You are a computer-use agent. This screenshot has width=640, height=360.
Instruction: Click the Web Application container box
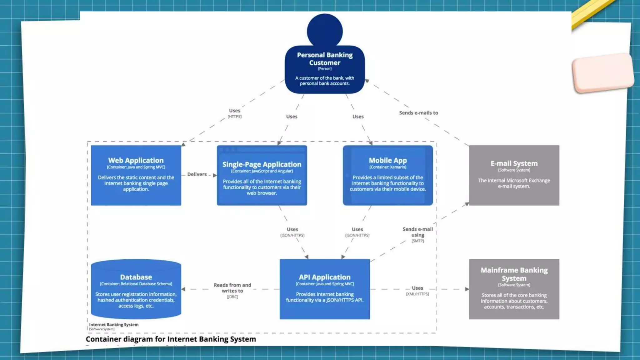click(136, 175)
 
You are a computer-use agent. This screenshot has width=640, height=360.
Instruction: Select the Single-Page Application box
click(262, 176)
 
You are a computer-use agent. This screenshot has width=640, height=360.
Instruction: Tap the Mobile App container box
click(387, 175)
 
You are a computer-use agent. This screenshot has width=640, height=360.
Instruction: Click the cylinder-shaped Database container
click(136, 289)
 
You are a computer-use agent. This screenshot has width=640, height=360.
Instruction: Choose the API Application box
click(325, 289)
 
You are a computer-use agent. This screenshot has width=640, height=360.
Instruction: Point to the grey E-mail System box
click(514, 175)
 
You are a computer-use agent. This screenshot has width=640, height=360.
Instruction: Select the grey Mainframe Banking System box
click(514, 289)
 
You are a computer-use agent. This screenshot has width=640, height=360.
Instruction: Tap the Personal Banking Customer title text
click(325, 59)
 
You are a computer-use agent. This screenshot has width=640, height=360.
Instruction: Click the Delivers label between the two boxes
click(197, 174)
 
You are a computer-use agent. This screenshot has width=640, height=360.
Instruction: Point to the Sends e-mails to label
click(418, 113)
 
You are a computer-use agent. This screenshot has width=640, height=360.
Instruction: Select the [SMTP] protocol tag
click(417, 241)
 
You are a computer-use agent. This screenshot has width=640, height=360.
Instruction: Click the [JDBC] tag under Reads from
click(232, 297)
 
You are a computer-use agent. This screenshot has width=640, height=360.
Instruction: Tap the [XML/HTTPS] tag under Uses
click(417, 294)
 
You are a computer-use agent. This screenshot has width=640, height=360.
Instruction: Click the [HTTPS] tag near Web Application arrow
click(234, 117)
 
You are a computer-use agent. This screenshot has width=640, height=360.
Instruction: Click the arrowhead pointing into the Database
click(183, 289)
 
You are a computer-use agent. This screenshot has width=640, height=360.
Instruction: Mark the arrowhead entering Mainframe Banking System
click(467, 289)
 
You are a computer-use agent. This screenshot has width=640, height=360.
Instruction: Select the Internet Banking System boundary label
click(114, 325)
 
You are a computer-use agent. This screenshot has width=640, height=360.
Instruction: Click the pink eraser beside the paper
click(602, 73)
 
